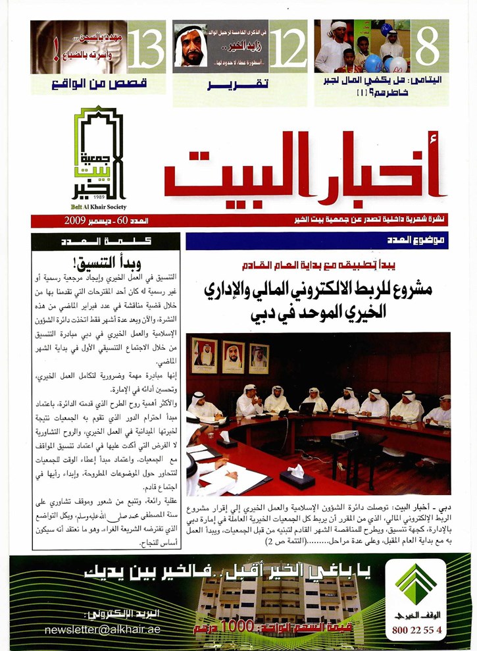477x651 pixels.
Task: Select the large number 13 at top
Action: coord(146,46)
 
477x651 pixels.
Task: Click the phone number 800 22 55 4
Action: coord(416,630)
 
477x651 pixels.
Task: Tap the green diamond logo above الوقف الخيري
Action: coord(416,582)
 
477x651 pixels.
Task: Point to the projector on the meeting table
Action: coord(345,435)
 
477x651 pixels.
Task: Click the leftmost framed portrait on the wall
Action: coord(204,355)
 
